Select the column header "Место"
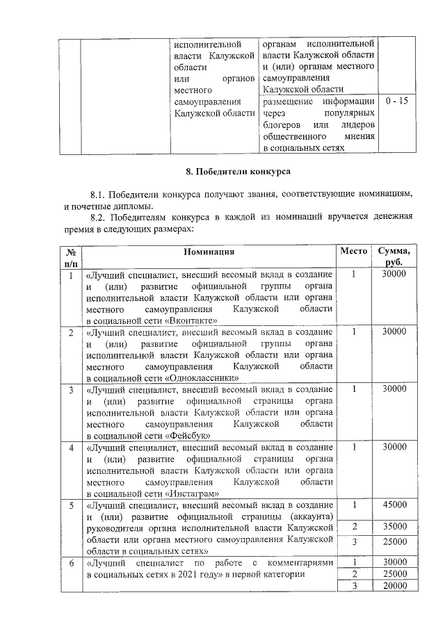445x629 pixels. pyautogui.click(x=354, y=251)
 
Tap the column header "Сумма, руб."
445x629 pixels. pyautogui.click(x=395, y=257)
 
